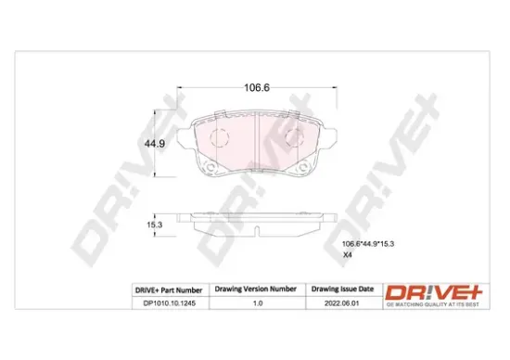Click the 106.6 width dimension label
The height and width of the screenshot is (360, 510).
tap(256, 87)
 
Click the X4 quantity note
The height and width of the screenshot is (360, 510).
tap(348, 255)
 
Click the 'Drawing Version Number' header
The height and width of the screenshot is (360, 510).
tap(255, 289)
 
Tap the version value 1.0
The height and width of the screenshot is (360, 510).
tap(255, 302)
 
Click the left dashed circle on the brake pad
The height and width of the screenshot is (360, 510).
tap(219, 140)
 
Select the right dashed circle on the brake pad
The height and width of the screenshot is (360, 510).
tap(293, 140)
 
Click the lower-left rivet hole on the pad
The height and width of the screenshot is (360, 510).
tap(211, 169)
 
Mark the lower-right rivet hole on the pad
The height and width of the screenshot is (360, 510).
tap(301, 169)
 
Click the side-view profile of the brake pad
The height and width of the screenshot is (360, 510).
tap(256, 219)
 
